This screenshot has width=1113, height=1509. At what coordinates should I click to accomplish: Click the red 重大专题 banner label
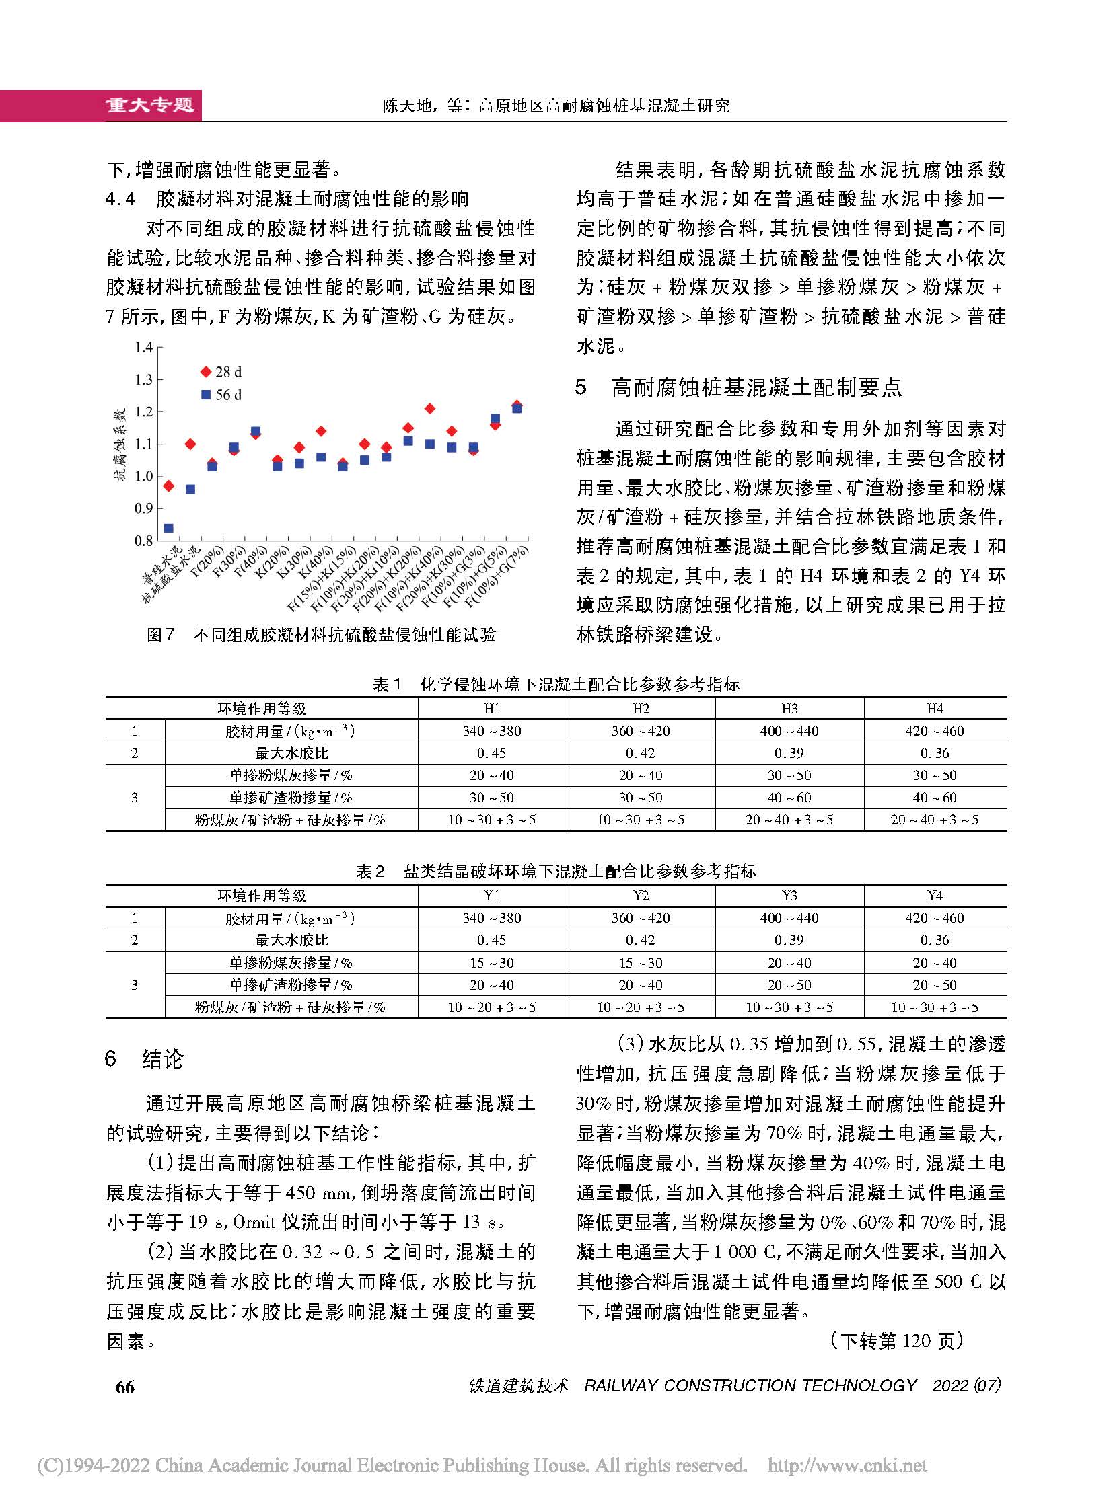pyautogui.click(x=149, y=105)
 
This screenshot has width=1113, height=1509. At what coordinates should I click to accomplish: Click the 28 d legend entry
pyautogui.click(x=221, y=372)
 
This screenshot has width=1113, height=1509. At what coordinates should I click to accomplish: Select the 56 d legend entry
pyautogui.click(x=221, y=395)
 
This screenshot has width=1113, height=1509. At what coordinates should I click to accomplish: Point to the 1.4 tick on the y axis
pyautogui.click(x=143, y=348)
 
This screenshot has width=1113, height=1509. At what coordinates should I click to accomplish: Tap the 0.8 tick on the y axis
pyautogui.click(x=143, y=541)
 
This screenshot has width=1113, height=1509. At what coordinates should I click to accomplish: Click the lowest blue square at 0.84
pyautogui.click(x=168, y=528)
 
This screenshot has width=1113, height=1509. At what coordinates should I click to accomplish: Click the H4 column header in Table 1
pyautogui.click(x=935, y=708)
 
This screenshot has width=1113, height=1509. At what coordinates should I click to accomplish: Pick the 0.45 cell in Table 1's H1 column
pyautogui.click(x=492, y=752)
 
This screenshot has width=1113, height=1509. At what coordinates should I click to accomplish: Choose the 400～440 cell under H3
pyautogui.click(x=789, y=730)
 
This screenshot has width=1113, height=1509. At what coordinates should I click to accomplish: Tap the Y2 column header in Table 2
pyautogui.click(x=641, y=896)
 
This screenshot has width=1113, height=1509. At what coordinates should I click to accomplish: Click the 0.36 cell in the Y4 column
pyautogui.click(x=935, y=940)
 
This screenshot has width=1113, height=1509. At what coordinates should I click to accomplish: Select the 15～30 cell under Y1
pyautogui.click(x=492, y=963)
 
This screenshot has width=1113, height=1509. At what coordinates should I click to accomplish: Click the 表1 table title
pyautogui.click(x=556, y=685)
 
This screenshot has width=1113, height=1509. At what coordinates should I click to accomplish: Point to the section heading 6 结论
pyautogui.click(x=144, y=1059)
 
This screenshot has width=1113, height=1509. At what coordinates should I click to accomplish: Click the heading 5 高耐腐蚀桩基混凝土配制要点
pyautogui.click(x=738, y=387)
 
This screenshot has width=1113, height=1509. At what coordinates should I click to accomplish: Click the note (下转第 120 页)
pyautogui.click(x=896, y=1341)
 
